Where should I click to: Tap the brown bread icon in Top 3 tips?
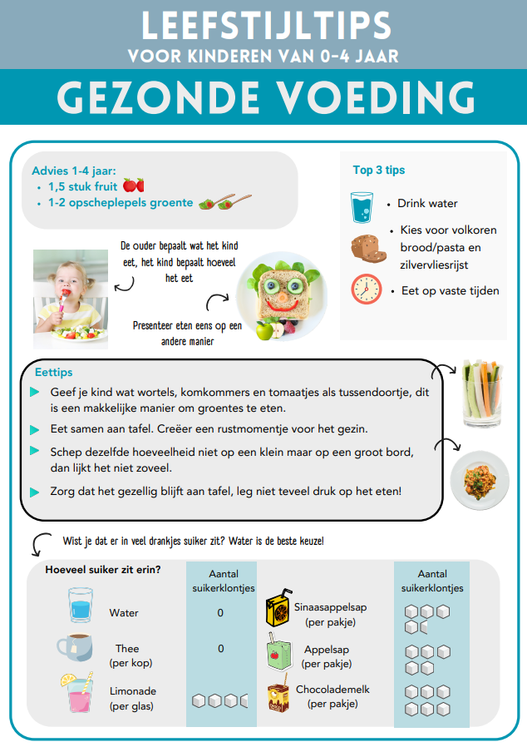pyautogui.click(x=366, y=246)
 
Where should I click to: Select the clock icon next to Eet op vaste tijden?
pyautogui.click(x=366, y=289)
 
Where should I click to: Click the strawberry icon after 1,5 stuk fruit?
pyautogui.click(x=133, y=185)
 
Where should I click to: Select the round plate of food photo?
pyautogui.click(x=480, y=480)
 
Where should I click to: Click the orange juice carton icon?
pyautogui.click(x=278, y=611)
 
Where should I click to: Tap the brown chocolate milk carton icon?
pyautogui.click(x=278, y=696)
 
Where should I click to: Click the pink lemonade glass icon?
pyautogui.click(x=76, y=694)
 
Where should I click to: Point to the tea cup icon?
pyautogui.click(x=75, y=647)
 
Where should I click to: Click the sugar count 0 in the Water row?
pyautogui.click(x=220, y=613)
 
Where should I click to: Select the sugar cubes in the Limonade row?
pyautogui.click(x=220, y=700)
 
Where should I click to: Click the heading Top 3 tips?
pyautogui.click(x=378, y=170)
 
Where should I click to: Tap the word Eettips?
pyautogui.click(x=54, y=373)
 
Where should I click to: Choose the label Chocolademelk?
pyautogui.click(x=332, y=690)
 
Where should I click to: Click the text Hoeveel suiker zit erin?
pyautogui.click(x=103, y=570)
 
